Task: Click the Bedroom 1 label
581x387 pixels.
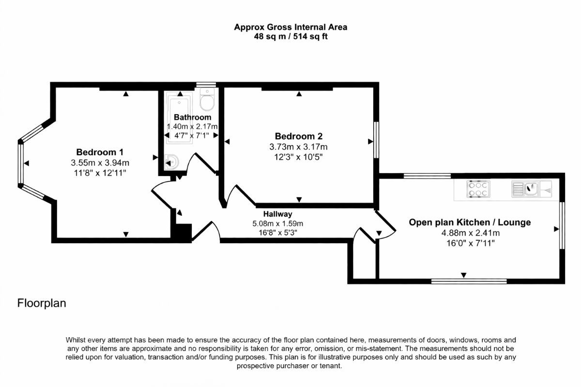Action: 100,152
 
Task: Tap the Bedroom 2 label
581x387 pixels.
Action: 299,136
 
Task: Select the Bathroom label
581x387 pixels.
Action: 193,117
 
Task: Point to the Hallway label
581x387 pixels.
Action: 277,214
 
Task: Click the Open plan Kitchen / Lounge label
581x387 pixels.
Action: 470,222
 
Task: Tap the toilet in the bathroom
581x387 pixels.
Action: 207,99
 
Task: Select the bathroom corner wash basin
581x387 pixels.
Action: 171,162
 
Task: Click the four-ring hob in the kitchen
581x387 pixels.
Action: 478,189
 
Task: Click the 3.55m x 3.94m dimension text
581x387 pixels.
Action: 100,163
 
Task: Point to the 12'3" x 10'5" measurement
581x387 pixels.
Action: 298,157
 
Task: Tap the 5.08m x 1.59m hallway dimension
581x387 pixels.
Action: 277,223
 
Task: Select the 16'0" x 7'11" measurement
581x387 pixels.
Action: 471,243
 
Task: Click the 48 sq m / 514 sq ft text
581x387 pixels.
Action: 290,36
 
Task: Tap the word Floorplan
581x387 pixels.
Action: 42,303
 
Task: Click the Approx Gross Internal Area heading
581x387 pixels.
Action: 290,27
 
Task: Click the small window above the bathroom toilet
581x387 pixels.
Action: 206,84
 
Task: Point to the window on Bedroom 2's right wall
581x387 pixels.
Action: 376,140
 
